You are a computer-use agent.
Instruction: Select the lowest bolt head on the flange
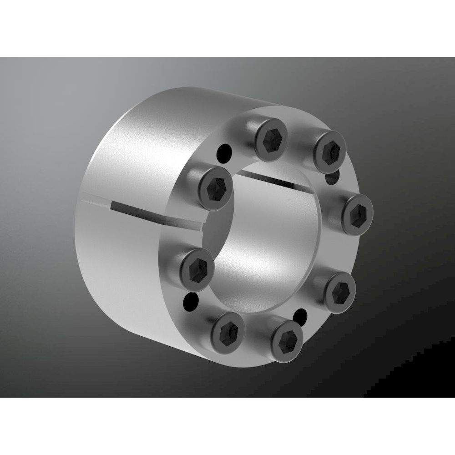point(285,338)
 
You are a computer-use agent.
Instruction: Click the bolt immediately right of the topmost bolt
point(329,149)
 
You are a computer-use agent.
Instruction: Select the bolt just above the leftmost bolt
point(214,187)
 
